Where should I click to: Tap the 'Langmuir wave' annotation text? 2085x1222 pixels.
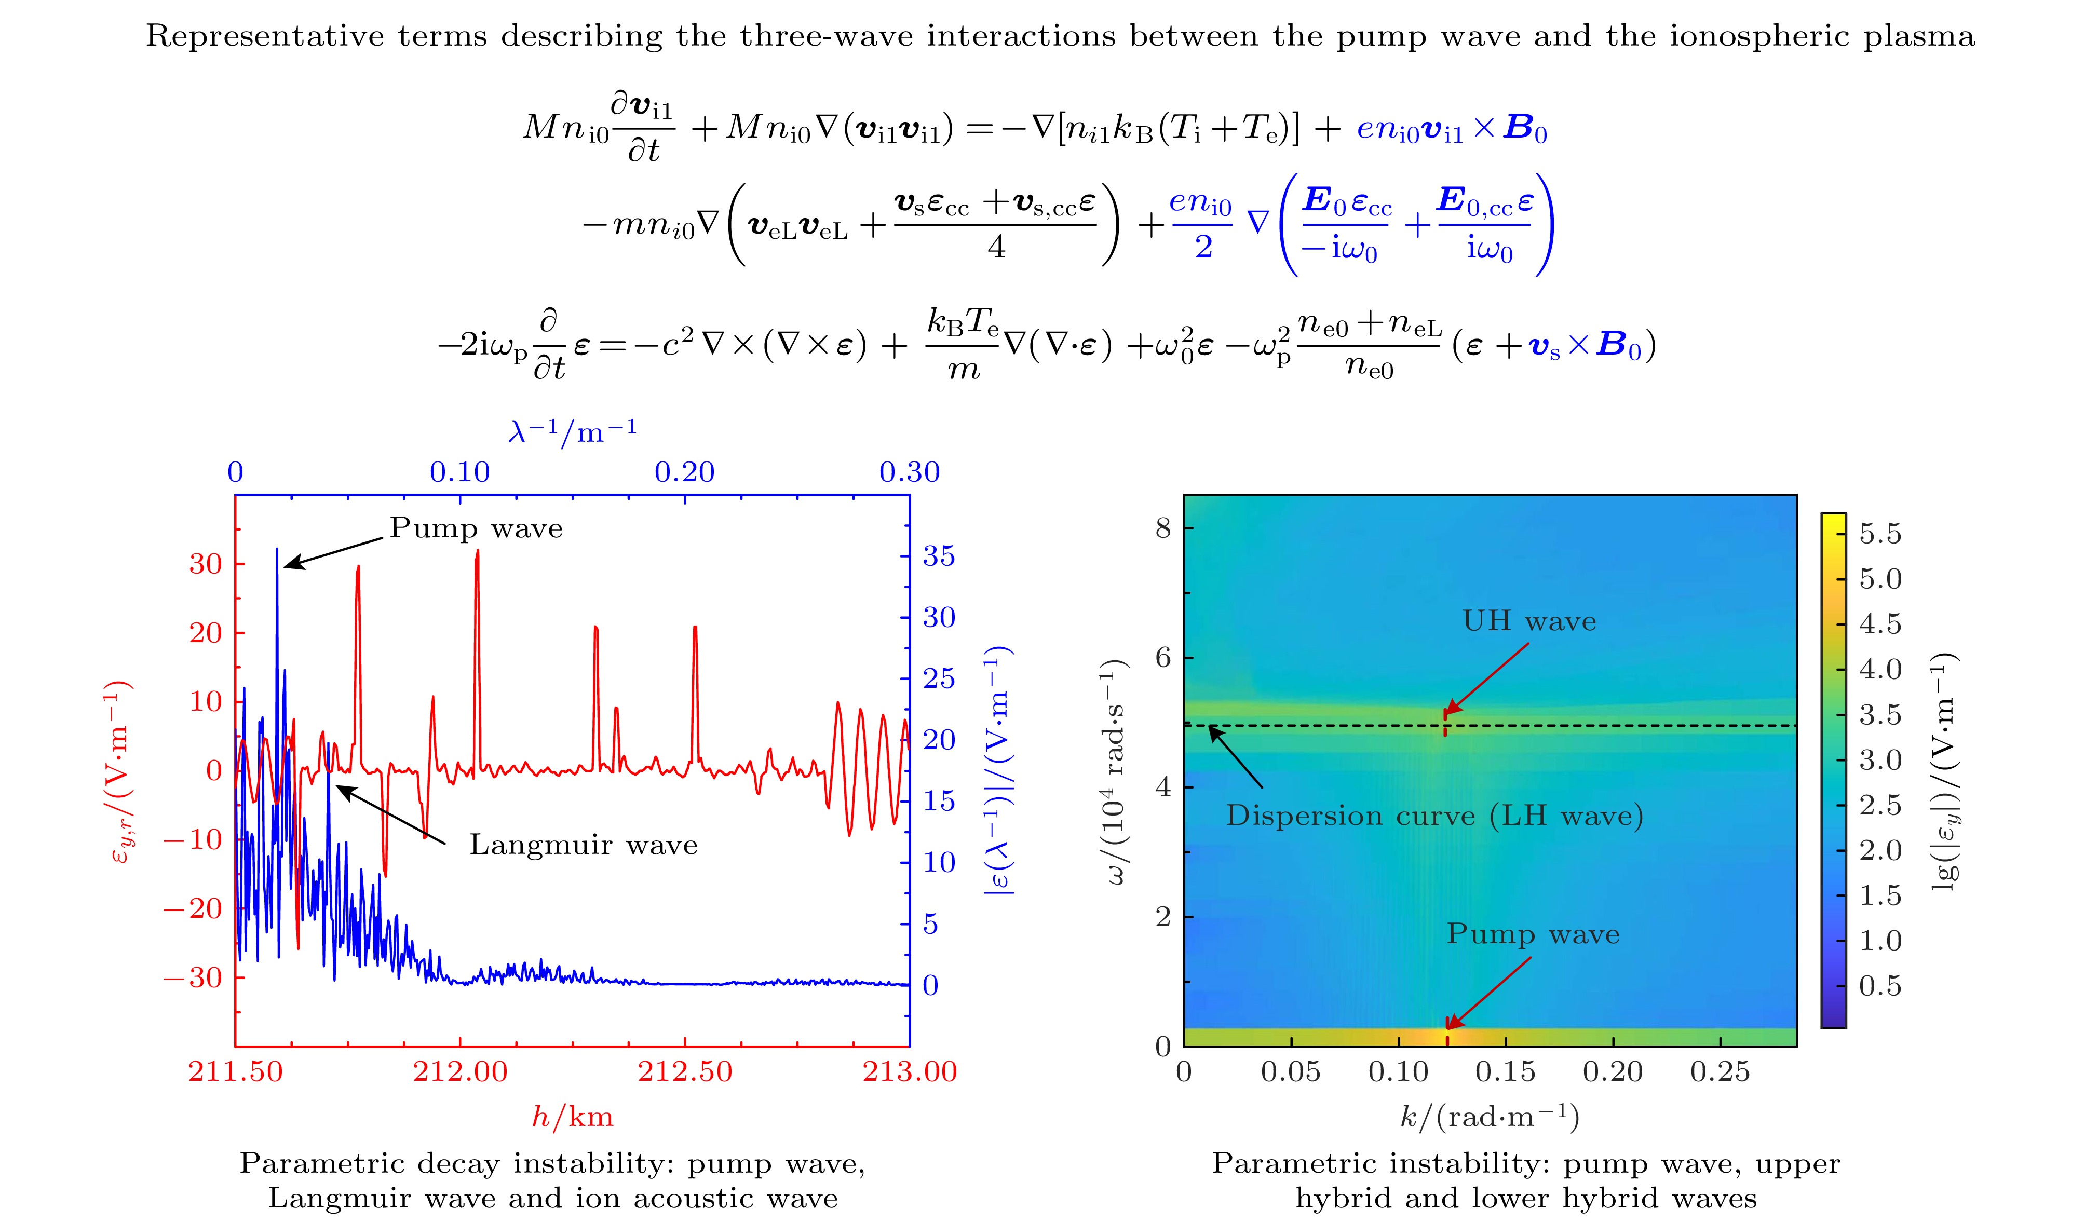[x=584, y=845]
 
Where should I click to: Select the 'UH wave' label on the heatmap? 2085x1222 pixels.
[x=1529, y=621]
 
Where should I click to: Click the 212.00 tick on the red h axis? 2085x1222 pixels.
[x=460, y=1071]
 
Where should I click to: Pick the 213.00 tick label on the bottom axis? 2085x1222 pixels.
[x=909, y=1071]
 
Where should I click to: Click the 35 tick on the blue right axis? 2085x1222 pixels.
[x=939, y=556]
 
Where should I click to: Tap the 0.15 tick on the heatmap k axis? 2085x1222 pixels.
[x=1505, y=1071]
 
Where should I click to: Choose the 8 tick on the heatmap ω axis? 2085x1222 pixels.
[x=1163, y=528]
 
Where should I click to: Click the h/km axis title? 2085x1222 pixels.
[x=573, y=1117]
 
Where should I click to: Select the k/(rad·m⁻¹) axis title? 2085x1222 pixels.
[x=1490, y=1117]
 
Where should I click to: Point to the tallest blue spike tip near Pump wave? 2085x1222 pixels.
[x=277, y=549]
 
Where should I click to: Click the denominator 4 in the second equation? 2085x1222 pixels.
[x=996, y=247]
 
